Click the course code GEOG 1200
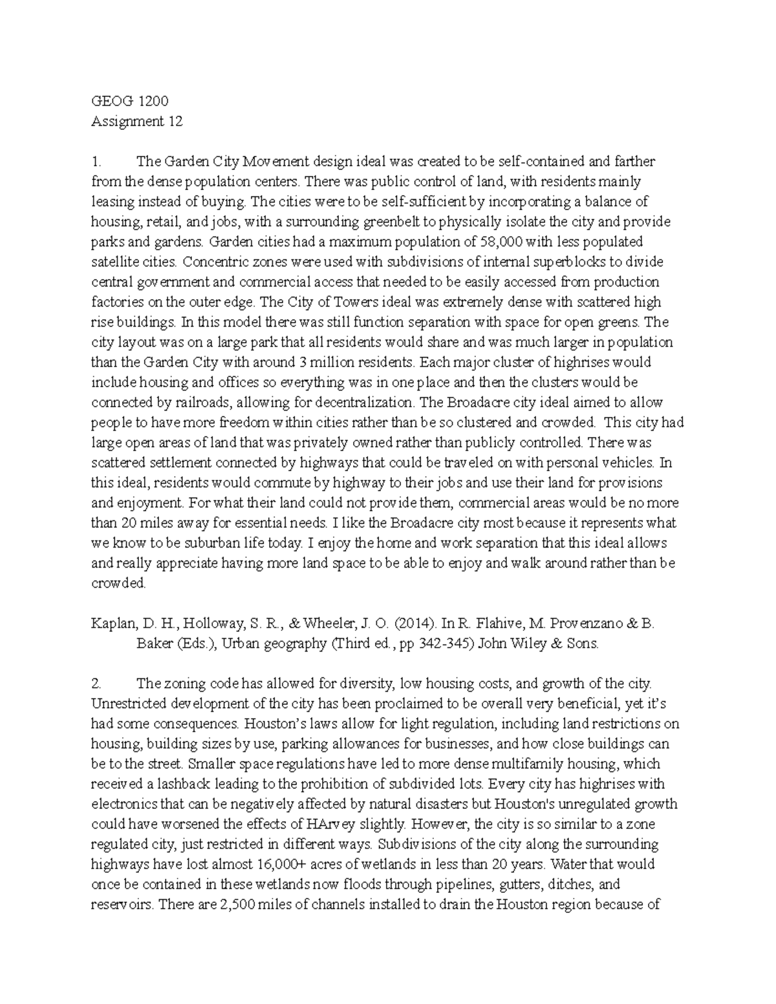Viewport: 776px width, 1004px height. (x=129, y=101)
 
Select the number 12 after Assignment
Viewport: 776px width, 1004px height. (x=175, y=122)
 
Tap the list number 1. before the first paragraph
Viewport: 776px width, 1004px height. (x=96, y=162)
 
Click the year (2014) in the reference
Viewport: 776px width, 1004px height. (x=412, y=624)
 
